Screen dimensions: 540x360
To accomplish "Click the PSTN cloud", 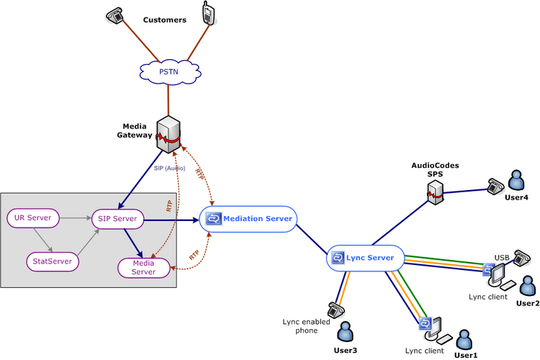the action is [x=170, y=72].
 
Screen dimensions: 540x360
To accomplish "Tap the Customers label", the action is [x=165, y=20].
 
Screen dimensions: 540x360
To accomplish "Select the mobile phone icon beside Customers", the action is [x=208, y=13].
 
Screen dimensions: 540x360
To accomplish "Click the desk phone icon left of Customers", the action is [x=114, y=16].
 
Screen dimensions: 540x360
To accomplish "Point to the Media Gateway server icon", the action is [x=168, y=135].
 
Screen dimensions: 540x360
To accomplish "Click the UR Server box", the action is [x=33, y=218].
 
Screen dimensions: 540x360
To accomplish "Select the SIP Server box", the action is [x=117, y=219].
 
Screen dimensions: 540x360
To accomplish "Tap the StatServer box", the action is [x=53, y=261].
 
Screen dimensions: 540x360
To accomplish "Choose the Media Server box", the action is [x=143, y=268].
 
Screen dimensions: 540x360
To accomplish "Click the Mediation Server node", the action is [x=248, y=219].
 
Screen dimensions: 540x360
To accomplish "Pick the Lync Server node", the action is [x=365, y=258].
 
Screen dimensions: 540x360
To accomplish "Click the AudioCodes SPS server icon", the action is [x=436, y=192].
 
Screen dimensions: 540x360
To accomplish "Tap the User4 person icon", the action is [x=516, y=180].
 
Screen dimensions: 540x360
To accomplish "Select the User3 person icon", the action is [x=345, y=331].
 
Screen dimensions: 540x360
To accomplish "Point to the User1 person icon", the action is [x=464, y=340].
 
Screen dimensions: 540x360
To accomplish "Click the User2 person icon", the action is [x=528, y=286].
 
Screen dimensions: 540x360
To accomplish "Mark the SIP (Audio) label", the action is [x=169, y=168].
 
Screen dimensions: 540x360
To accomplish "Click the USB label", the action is [x=502, y=258].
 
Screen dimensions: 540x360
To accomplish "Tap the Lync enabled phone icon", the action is [x=336, y=310].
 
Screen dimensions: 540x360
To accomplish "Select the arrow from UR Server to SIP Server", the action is [x=76, y=218].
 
